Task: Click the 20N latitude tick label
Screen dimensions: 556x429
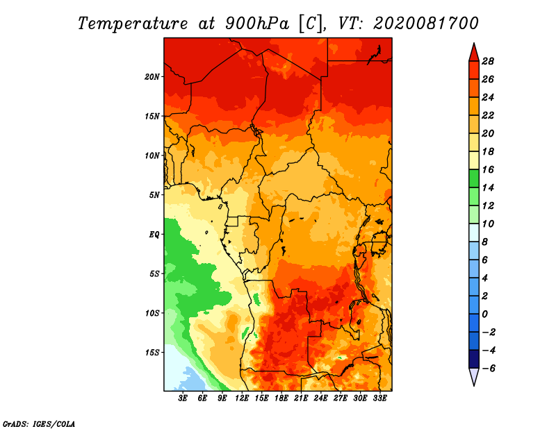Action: [152, 77]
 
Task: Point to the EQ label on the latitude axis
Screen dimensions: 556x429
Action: [154, 235]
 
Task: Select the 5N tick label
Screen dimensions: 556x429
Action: [154, 195]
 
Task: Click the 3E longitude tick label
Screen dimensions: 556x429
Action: [183, 398]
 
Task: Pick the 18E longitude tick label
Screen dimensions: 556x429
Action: [281, 398]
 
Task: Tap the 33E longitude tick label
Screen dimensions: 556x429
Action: [379, 398]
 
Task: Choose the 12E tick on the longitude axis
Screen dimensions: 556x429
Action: [242, 398]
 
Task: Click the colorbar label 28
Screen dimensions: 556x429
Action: [488, 61]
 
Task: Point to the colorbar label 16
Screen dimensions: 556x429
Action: [488, 169]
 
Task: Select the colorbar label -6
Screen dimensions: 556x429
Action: [488, 369]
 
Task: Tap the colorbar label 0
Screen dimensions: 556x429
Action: [484, 314]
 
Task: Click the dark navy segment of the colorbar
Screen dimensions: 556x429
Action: [474, 359]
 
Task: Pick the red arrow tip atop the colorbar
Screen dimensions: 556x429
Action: [474, 44]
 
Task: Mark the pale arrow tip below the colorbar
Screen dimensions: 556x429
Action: [474, 385]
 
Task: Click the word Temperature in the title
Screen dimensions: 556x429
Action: [133, 24]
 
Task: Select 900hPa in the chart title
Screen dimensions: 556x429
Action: [257, 24]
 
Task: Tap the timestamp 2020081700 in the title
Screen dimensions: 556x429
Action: [426, 24]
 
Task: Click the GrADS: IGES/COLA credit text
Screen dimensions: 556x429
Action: [39, 424]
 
